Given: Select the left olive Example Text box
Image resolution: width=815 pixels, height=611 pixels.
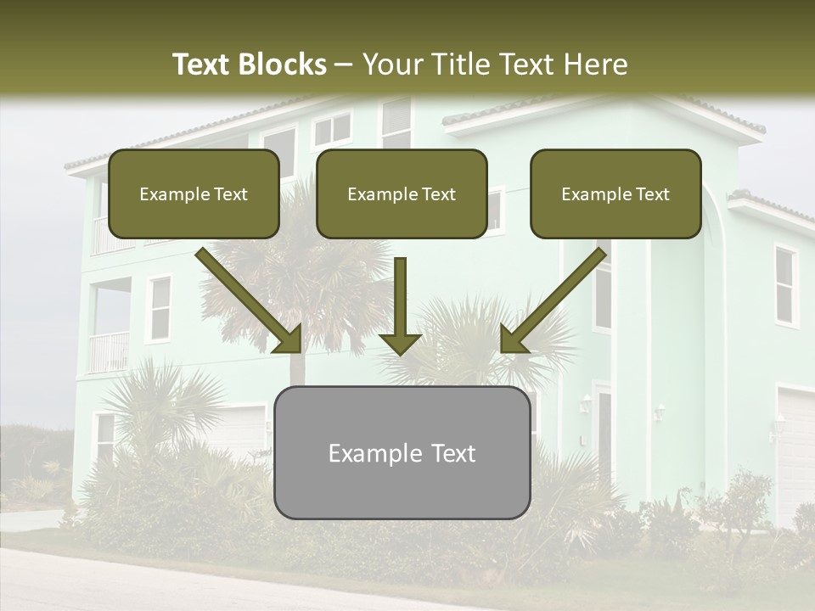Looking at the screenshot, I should coord(194,194).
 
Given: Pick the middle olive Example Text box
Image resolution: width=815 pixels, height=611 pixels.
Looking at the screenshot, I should coord(402,194).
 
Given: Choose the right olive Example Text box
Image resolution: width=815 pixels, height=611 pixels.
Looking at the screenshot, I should coord(615,194).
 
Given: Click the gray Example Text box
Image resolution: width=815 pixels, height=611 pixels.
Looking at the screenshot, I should coord(402,452).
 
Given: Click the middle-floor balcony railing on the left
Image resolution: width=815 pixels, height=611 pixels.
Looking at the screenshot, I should coord(109,352).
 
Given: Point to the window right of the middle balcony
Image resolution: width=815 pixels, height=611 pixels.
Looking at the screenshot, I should coord(159,308).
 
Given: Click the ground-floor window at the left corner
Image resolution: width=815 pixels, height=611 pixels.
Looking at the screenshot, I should coord(104,436).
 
